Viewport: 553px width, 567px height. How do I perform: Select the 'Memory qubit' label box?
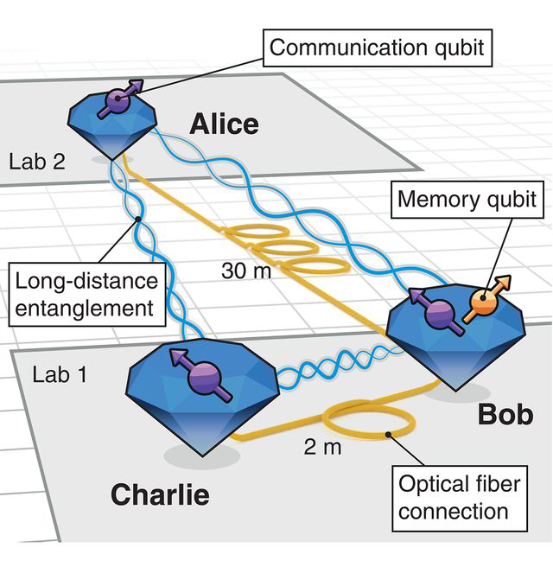[467, 201]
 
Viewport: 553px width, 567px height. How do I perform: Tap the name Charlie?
[160, 494]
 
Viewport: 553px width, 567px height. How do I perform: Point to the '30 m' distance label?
[246, 270]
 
